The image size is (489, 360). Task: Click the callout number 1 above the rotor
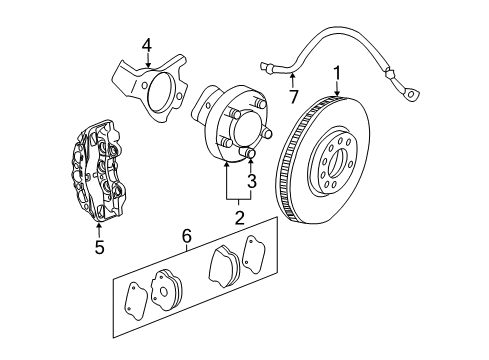[x=337, y=72]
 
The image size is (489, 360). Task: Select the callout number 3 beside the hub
[x=251, y=182]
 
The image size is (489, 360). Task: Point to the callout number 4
[x=146, y=44]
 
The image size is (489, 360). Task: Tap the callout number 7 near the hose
[x=294, y=95]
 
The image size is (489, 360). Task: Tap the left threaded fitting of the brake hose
[x=268, y=67]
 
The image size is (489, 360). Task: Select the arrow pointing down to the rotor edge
[x=337, y=88]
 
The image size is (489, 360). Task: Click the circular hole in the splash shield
[x=155, y=90]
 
